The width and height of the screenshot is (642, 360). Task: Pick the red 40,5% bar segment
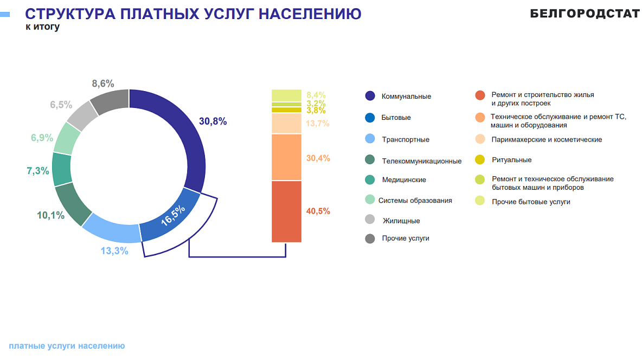(x=286, y=211)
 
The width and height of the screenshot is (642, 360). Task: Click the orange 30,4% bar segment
(x=286, y=157)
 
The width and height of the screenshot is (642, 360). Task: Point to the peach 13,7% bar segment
(x=286, y=124)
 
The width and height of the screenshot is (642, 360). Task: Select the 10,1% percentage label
(x=50, y=215)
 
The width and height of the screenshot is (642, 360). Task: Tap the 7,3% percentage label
(x=37, y=171)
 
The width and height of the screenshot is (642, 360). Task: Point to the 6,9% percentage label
(x=42, y=138)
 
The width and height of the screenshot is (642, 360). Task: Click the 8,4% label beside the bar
(x=316, y=95)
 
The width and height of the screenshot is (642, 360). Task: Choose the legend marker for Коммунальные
(x=370, y=96)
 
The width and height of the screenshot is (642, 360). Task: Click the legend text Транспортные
(x=406, y=139)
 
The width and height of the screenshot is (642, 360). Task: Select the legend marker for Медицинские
(x=370, y=179)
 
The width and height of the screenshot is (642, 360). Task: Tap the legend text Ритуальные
(x=511, y=160)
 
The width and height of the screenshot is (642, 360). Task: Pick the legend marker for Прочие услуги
(x=370, y=238)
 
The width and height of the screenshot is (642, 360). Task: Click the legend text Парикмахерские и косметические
(x=547, y=139)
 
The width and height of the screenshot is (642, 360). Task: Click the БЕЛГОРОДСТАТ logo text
(x=585, y=14)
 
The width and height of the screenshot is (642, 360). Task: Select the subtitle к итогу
(x=43, y=27)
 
